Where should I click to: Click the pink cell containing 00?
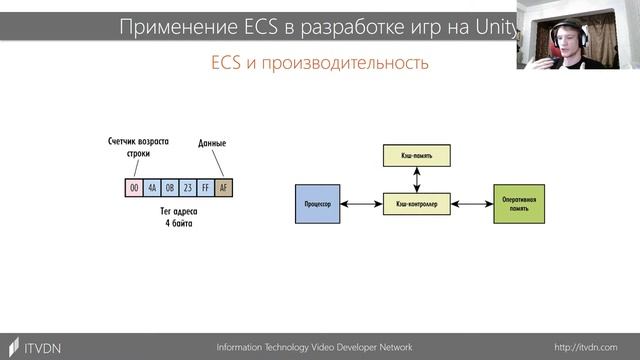point(133,187)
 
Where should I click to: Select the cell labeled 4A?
point(152,187)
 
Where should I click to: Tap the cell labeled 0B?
point(170,187)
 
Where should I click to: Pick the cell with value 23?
point(188,187)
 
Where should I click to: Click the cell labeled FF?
point(206,187)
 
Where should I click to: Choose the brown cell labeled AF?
point(223,187)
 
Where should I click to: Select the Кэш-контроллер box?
point(415,203)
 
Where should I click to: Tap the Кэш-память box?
point(415,155)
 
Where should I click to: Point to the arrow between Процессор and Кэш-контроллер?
point(361,203)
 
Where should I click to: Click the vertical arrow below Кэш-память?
point(415,179)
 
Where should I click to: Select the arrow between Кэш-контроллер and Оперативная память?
point(470,203)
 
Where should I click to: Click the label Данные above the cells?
point(213,143)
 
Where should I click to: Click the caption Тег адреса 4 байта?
point(180,219)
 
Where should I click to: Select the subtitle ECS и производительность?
point(319,63)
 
